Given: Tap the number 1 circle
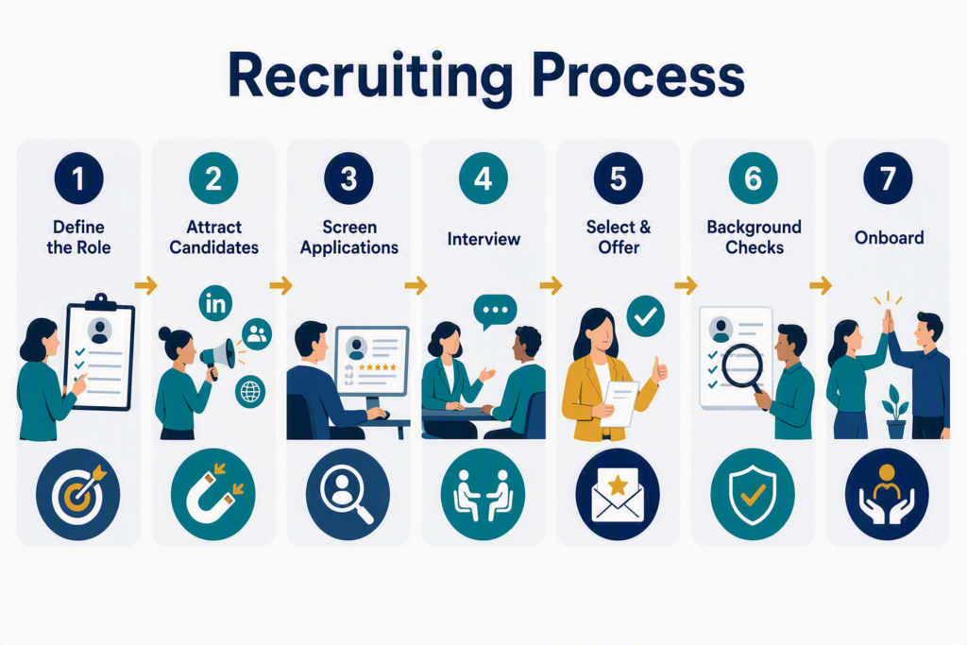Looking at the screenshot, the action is pyautogui.click(x=78, y=178).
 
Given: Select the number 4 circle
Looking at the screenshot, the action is pyautogui.click(x=483, y=178).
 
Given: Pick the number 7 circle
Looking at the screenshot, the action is pyautogui.click(x=888, y=178).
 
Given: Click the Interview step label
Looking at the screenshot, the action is pyautogui.click(x=483, y=239).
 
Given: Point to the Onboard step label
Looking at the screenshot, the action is pyautogui.click(x=889, y=237).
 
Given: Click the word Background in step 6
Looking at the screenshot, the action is pyautogui.click(x=754, y=228).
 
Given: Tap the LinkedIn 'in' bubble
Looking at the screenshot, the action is pyautogui.click(x=216, y=303).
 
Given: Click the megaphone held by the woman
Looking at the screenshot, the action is pyautogui.click(x=217, y=358).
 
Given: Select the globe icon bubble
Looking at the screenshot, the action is pyautogui.click(x=250, y=391).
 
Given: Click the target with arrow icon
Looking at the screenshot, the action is pyautogui.click(x=77, y=495).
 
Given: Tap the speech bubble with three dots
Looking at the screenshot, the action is pyautogui.click(x=495, y=311).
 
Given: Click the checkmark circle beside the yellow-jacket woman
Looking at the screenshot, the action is pyautogui.click(x=645, y=316).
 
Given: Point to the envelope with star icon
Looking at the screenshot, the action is pyautogui.click(x=618, y=495).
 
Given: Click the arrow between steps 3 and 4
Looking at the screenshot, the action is pyautogui.click(x=416, y=285).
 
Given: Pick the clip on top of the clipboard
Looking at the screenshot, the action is pyautogui.click(x=101, y=302).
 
